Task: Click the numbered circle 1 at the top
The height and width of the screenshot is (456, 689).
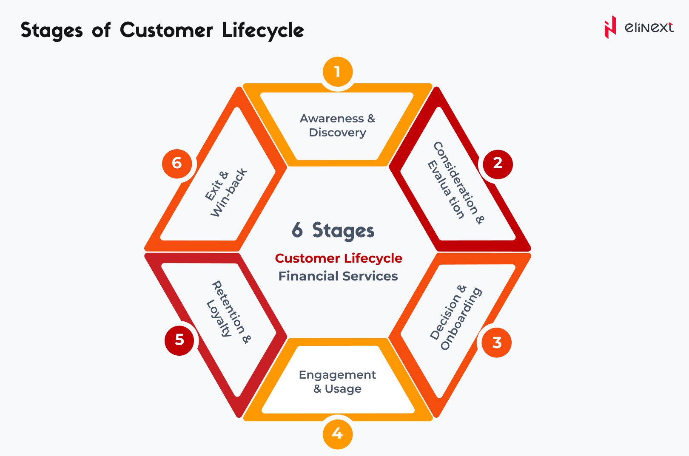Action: (x=338, y=71)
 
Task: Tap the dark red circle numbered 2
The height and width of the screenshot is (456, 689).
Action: (x=498, y=164)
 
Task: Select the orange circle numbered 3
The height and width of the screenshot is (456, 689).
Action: (x=496, y=343)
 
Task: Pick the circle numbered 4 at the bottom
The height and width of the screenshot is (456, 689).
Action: (x=338, y=434)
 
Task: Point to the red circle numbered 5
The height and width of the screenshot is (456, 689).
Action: (x=179, y=341)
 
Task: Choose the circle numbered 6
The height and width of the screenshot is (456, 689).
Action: (x=177, y=164)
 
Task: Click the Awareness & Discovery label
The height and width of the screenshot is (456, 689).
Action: (x=337, y=125)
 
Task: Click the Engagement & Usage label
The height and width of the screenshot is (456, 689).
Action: (x=337, y=382)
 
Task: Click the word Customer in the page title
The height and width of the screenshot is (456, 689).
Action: (x=166, y=30)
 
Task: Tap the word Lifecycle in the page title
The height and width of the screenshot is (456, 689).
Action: (x=263, y=31)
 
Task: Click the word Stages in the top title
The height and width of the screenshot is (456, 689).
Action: (x=52, y=31)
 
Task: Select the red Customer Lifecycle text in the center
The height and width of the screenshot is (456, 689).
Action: (x=339, y=258)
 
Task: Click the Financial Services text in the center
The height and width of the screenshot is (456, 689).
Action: (x=338, y=276)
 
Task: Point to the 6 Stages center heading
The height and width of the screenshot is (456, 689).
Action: (x=333, y=230)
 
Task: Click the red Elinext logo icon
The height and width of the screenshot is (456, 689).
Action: (x=610, y=27)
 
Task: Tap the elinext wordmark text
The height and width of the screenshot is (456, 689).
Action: (x=649, y=27)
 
